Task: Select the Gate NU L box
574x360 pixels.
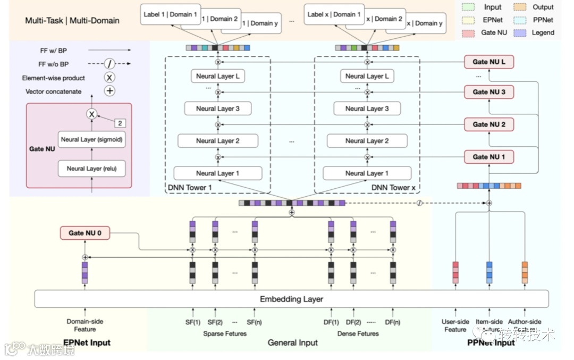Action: pyautogui.click(x=488, y=62)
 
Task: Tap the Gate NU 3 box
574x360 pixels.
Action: pyautogui.click(x=488, y=92)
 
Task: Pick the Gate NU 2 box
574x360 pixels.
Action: pyautogui.click(x=488, y=124)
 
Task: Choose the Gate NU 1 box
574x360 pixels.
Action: pyautogui.click(x=488, y=157)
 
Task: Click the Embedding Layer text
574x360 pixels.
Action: pyautogui.click(x=291, y=299)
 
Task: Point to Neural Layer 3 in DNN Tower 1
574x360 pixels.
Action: pyautogui.click(x=217, y=108)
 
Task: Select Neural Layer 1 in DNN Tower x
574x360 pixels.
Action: pyautogui.click(x=367, y=173)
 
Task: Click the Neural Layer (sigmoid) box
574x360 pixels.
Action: pyautogui.click(x=92, y=139)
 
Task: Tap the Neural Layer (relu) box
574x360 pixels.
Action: pyautogui.click(x=91, y=169)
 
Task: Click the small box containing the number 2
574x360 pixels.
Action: pyautogui.click(x=121, y=123)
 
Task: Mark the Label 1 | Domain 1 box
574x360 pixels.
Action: pyautogui.click(x=170, y=14)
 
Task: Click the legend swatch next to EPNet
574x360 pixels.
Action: pyautogui.click(x=468, y=20)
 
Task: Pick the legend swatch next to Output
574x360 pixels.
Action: pyautogui.click(x=520, y=7)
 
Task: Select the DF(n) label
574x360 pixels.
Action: pyautogui.click(x=393, y=322)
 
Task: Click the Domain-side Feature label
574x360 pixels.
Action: pyautogui.click(x=85, y=325)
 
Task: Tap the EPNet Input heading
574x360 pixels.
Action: pyautogui.click(x=87, y=342)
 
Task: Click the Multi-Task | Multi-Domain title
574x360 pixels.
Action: pyautogui.click(x=72, y=21)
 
